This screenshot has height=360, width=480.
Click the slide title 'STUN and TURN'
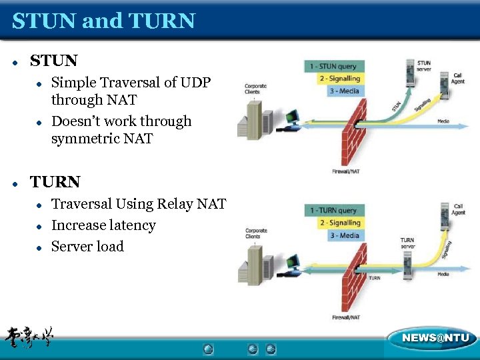[103, 21]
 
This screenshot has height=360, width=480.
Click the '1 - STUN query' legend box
[333, 66]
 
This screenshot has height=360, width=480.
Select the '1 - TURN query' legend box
[333, 211]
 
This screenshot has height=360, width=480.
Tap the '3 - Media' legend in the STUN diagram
[344, 91]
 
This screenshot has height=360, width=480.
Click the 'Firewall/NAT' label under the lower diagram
[346, 317]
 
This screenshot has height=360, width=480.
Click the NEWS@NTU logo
[435, 338]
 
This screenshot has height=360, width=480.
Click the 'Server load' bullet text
[87, 246]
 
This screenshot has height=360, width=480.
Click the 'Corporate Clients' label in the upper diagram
[255, 89]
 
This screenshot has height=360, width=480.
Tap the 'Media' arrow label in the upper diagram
[443, 121]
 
